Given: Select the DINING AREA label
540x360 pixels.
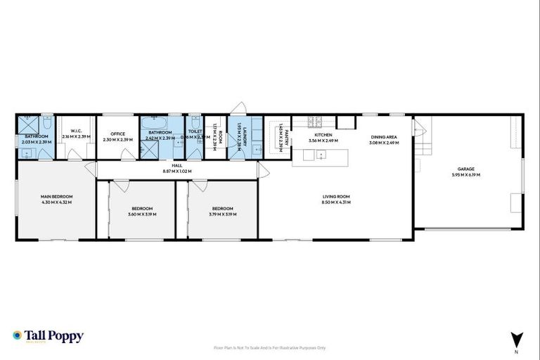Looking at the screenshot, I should pos(384,137).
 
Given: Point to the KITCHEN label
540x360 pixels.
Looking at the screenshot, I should pos(323,134).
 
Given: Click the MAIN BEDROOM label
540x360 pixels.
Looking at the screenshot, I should pos(57,196).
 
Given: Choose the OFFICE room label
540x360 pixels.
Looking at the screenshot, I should pos(117,134).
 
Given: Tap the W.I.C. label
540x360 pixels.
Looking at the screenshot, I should pos(77,131).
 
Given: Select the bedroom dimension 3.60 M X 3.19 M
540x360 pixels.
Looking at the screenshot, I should pos(143,214).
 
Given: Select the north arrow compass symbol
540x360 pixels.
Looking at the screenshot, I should pos(517,338).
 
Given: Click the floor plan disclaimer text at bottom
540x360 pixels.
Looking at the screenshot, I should pos(269,347).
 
